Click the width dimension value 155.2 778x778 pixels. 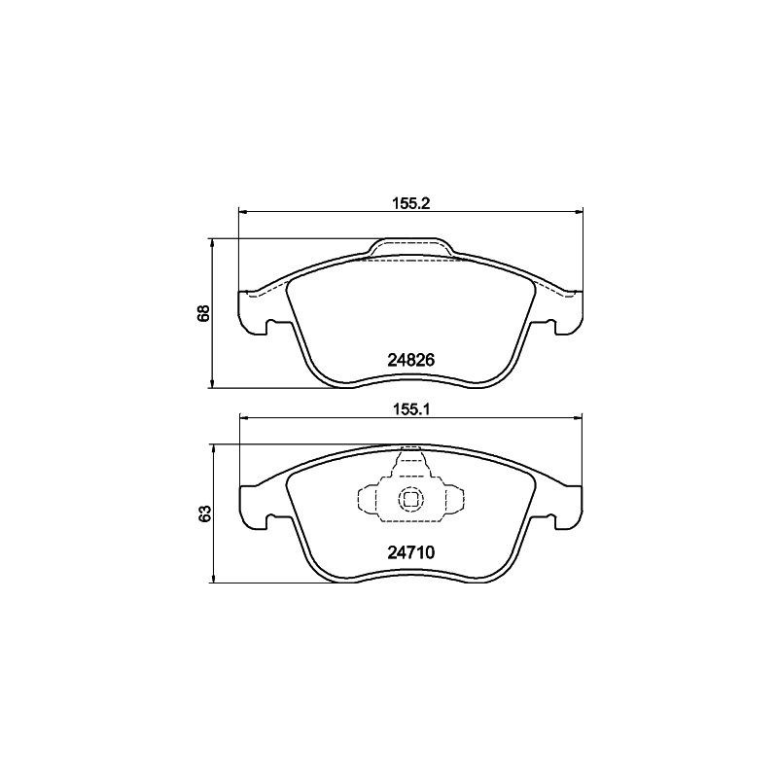pos(410,203)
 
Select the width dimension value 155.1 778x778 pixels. pos(410,409)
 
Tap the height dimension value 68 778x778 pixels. pos(203,313)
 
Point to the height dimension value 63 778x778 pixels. pos(203,513)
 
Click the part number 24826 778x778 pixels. pos(410,359)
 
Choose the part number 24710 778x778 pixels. pos(410,551)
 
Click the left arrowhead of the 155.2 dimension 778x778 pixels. pos(244,213)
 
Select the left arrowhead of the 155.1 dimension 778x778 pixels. pos(244,419)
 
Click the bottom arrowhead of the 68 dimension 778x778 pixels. pos(213,385)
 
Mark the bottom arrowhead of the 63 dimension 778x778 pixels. pos(213,579)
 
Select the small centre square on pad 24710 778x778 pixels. pos(410,501)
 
